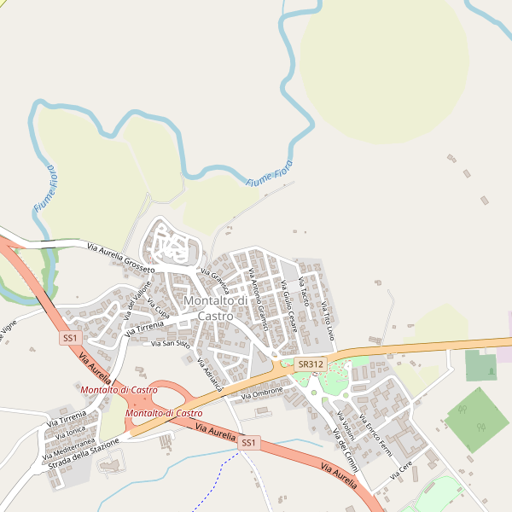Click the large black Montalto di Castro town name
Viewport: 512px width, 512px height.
point(215,308)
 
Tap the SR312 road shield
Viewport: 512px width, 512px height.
point(310,364)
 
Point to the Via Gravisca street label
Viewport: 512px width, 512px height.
point(214,282)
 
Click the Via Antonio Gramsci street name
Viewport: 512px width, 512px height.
point(259,300)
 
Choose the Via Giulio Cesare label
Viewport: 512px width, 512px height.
point(286,307)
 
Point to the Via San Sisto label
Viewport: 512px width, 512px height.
point(170,344)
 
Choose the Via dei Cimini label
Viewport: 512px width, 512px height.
point(346,453)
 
